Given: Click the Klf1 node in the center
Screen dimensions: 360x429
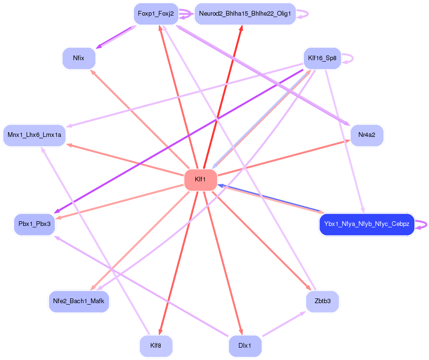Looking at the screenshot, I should [201, 180].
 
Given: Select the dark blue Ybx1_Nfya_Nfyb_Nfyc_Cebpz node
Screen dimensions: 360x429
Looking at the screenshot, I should [366, 224].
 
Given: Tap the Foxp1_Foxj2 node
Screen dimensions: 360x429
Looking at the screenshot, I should [156, 14].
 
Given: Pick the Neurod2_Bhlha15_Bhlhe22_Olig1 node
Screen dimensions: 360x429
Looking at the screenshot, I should [245, 14].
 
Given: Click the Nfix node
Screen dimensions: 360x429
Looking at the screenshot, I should [79, 58].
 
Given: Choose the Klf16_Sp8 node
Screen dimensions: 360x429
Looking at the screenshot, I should [322, 59].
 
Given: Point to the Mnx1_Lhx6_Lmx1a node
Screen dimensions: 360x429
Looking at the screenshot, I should [34, 135].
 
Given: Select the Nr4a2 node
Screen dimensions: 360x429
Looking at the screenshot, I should [366, 135].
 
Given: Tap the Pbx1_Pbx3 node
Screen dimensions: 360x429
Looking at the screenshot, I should [34, 224].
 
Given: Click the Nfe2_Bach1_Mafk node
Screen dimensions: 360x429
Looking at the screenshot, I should [79, 301].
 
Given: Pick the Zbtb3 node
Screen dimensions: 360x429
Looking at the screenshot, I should [322, 301].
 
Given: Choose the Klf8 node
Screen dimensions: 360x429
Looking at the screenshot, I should [156, 345].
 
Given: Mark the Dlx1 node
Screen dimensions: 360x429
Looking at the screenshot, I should [245, 345].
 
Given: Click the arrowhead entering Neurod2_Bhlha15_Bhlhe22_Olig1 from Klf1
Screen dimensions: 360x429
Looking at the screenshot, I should [241, 28].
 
